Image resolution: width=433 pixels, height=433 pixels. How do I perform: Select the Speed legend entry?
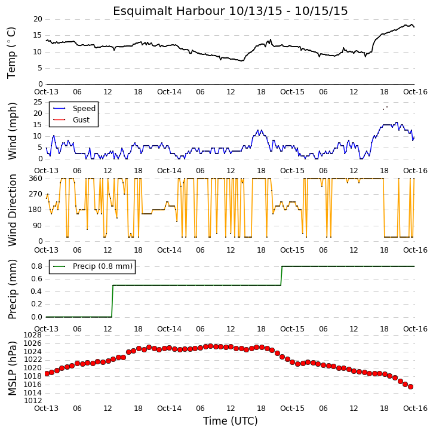coord(84,109)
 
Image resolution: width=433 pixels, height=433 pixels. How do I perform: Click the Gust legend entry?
coord(81,120)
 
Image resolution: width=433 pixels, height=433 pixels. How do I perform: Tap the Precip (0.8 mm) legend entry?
coord(103,266)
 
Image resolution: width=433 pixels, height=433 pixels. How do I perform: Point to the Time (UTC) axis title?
coord(231,421)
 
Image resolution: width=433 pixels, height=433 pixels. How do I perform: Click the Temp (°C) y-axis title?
coord(11,53)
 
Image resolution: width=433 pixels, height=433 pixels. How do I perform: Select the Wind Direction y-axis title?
coord(12,210)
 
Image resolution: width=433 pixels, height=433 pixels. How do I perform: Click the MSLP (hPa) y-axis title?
coord(12,368)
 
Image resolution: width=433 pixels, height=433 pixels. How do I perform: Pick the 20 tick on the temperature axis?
coord(38,19)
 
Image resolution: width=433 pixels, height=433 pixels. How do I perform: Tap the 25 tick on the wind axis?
coord(38,102)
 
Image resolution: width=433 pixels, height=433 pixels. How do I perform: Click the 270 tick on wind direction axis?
coord(36,194)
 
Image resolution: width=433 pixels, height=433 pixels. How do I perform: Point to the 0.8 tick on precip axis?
coord(36,266)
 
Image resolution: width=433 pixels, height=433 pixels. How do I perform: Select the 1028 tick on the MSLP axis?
coord(33,335)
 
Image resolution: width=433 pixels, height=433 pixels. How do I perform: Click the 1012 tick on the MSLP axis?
coord(33,401)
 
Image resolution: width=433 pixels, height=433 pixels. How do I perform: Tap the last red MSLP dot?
coord(410,386)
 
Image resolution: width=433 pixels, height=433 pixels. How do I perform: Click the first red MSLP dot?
coord(47,374)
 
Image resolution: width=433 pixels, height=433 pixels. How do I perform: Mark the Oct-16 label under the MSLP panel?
coord(415,409)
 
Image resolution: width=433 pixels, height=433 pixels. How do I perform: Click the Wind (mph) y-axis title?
coord(12,131)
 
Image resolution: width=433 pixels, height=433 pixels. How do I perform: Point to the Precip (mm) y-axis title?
coord(12,290)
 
